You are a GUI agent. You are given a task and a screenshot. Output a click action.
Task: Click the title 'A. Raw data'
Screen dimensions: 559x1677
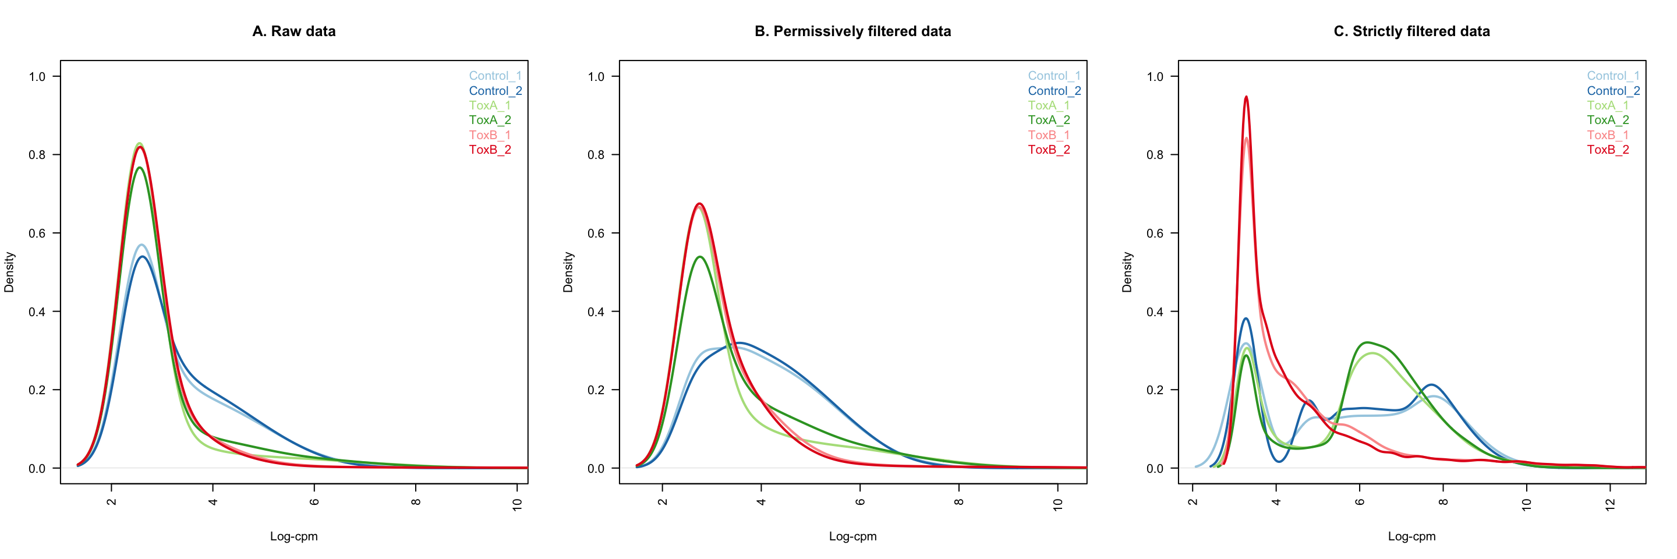point(293,31)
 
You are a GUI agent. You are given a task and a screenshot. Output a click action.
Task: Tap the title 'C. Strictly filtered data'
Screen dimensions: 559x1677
point(1411,31)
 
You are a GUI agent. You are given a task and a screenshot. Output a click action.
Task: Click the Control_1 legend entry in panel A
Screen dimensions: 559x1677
point(495,76)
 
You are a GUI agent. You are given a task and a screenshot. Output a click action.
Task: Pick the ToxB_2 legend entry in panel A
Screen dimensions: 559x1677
point(490,150)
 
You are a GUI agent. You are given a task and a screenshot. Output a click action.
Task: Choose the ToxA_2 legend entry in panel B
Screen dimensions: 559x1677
point(1049,121)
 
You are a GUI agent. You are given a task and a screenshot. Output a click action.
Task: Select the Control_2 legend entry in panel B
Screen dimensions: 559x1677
point(1054,91)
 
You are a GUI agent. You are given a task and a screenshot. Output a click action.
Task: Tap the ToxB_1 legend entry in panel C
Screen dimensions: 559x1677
point(1607,135)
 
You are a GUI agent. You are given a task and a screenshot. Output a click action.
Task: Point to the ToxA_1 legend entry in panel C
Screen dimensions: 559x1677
point(1607,105)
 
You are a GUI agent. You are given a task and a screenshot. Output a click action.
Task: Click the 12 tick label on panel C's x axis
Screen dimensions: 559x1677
point(1610,504)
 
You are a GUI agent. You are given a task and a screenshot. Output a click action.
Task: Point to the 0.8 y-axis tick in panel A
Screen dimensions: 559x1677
point(37,155)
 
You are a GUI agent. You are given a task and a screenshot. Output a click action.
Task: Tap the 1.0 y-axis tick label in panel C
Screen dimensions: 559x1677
point(1155,77)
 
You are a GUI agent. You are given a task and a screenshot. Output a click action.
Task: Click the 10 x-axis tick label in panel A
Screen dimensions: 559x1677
point(518,504)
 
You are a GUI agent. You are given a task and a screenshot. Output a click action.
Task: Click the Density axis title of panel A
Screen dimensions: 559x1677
point(9,272)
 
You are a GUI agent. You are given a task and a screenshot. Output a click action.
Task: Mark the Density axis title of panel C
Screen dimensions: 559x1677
point(1127,272)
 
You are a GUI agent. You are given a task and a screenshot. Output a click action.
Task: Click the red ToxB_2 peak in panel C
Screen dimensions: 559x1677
point(1246,98)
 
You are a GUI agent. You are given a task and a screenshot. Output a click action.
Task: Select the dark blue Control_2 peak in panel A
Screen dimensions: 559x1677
point(142,257)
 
